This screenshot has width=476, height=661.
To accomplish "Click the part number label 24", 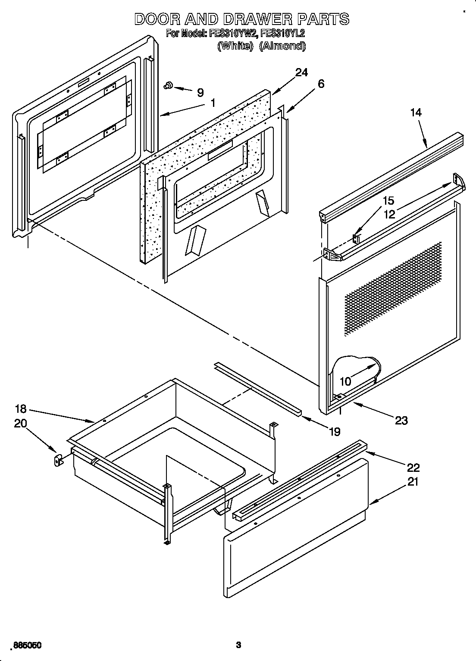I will (x=301, y=72).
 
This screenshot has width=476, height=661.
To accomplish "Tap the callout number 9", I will (x=200, y=92).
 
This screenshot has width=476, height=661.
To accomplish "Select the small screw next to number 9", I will (x=168, y=87).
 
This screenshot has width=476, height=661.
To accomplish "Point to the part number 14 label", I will (x=416, y=112).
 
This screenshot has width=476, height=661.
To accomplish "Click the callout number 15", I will (x=388, y=201).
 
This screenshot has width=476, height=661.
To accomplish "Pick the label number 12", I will (x=389, y=214).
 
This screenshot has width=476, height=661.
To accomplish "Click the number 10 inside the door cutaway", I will (x=345, y=381).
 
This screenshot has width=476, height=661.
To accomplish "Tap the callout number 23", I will (x=401, y=420).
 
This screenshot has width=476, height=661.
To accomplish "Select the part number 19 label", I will (x=335, y=431).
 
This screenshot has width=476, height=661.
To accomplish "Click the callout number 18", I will (x=21, y=409).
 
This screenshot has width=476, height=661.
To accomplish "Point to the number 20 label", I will (x=20, y=423).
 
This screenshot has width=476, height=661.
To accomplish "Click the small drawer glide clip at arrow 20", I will (x=57, y=460).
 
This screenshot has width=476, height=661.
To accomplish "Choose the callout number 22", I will (x=413, y=467).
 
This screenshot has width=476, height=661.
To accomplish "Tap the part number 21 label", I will (x=413, y=482).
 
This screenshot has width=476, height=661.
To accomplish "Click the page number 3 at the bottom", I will (x=238, y=645).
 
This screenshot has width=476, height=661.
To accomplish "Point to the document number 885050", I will (x=27, y=645).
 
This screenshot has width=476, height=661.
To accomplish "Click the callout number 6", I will (x=320, y=84).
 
